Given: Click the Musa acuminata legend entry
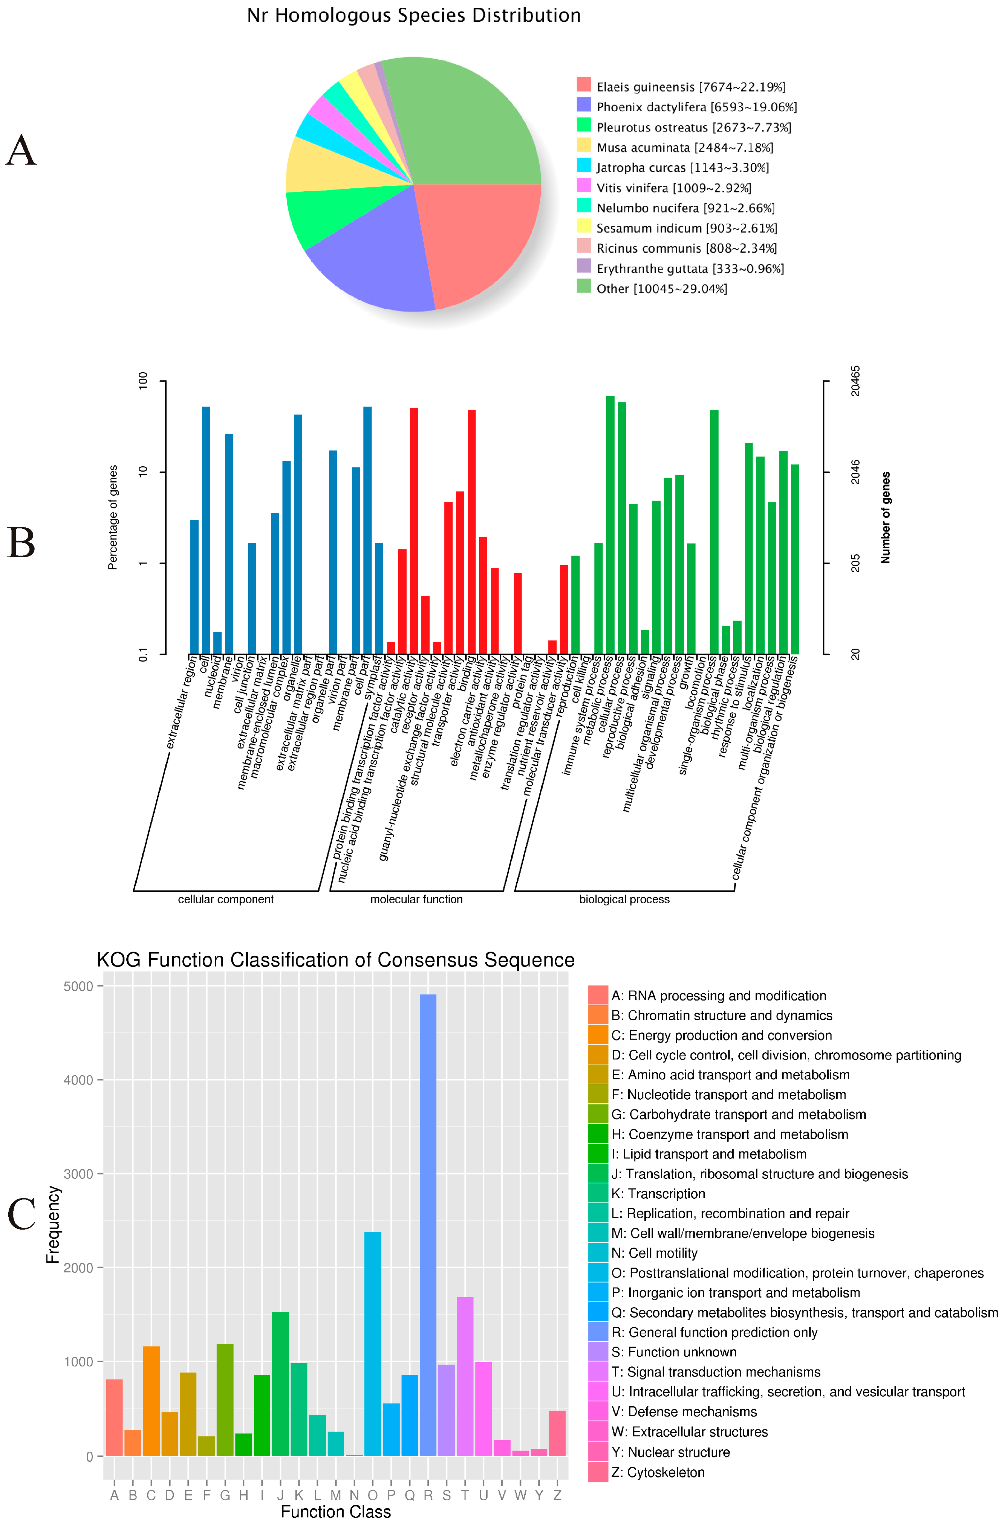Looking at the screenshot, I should point(684,147).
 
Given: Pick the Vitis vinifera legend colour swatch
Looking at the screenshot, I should point(583,187).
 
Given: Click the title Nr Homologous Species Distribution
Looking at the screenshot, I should point(413,15).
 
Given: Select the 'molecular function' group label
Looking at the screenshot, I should point(416,899).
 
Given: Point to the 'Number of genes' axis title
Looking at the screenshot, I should point(885,518).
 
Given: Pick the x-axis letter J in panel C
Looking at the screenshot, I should point(280,1495).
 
